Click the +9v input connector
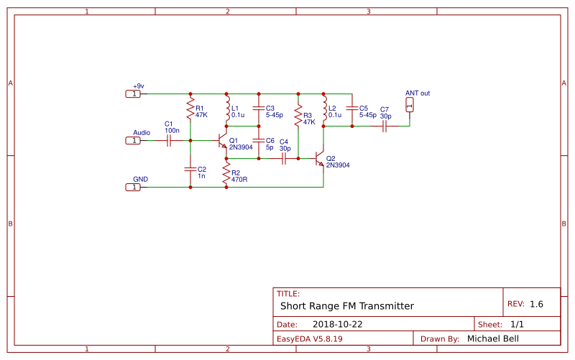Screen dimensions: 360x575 click(134, 93)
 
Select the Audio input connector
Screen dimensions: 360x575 click(134, 140)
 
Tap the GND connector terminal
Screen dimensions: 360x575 click(134, 187)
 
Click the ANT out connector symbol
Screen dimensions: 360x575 click(410, 106)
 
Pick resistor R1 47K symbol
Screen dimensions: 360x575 click(190, 110)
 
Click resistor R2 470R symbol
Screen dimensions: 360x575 click(226, 172)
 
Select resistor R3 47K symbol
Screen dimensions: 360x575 click(298, 118)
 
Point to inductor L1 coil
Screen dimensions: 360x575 click(226, 110)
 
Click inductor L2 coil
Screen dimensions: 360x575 click(323, 110)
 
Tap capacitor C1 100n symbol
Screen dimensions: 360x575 click(168, 140)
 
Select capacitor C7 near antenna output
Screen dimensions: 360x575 click(385, 126)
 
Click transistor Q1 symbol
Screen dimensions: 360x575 click(224, 140)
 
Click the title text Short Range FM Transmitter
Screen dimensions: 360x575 click(346, 305)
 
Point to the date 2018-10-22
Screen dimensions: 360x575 click(337, 324)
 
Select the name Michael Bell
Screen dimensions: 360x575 click(492, 338)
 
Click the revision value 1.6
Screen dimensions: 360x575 click(536, 304)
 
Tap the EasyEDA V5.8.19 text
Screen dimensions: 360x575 click(309, 338)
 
